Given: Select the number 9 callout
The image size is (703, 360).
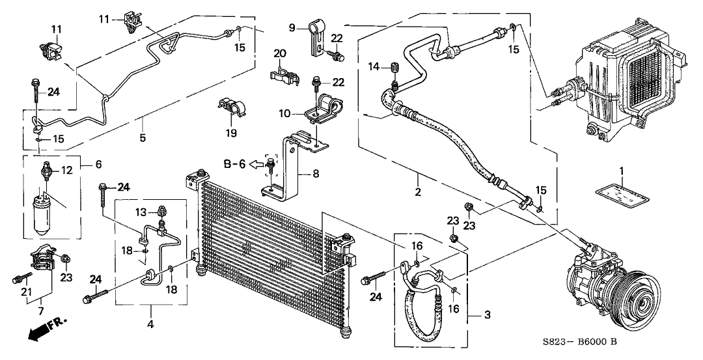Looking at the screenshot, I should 292,27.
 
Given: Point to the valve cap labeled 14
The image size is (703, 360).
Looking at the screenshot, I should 394,68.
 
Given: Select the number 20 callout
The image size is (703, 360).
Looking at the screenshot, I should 279,53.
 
